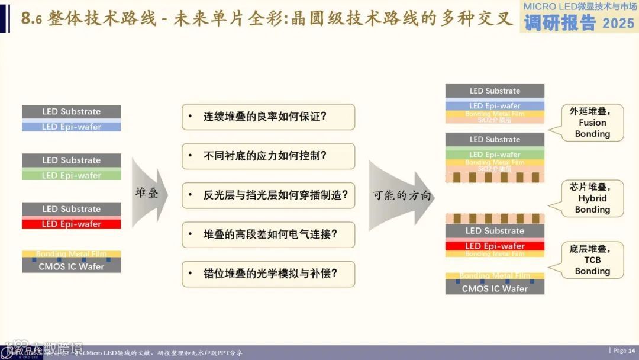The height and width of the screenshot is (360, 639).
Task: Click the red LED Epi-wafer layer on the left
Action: point(72,224)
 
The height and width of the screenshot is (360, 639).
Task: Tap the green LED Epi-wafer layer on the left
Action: point(72,175)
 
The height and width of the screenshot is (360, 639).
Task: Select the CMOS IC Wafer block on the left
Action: point(72,267)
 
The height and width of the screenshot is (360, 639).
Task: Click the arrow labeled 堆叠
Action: point(148,193)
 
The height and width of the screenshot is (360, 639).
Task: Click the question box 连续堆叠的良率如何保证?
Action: point(268,117)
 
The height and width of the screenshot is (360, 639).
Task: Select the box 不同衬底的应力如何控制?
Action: point(268,156)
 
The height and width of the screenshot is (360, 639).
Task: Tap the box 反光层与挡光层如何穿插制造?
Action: point(268,195)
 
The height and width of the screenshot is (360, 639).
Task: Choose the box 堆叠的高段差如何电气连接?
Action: point(268,234)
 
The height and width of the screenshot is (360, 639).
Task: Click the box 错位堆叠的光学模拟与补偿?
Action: point(268,274)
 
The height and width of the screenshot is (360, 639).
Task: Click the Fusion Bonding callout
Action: point(592,123)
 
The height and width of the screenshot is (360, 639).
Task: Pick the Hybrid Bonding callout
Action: point(592,198)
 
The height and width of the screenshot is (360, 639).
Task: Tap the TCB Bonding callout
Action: point(592,260)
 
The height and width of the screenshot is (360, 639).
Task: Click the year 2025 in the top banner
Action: point(618,23)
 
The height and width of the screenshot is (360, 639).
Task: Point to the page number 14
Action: point(631,351)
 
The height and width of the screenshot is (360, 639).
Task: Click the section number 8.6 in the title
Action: point(30,19)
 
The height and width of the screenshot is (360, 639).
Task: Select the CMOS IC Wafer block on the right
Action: point(495,288)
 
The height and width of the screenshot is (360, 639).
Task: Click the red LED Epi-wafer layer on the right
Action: point(495,246)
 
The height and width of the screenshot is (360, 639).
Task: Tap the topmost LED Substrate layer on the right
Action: point(495,91)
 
